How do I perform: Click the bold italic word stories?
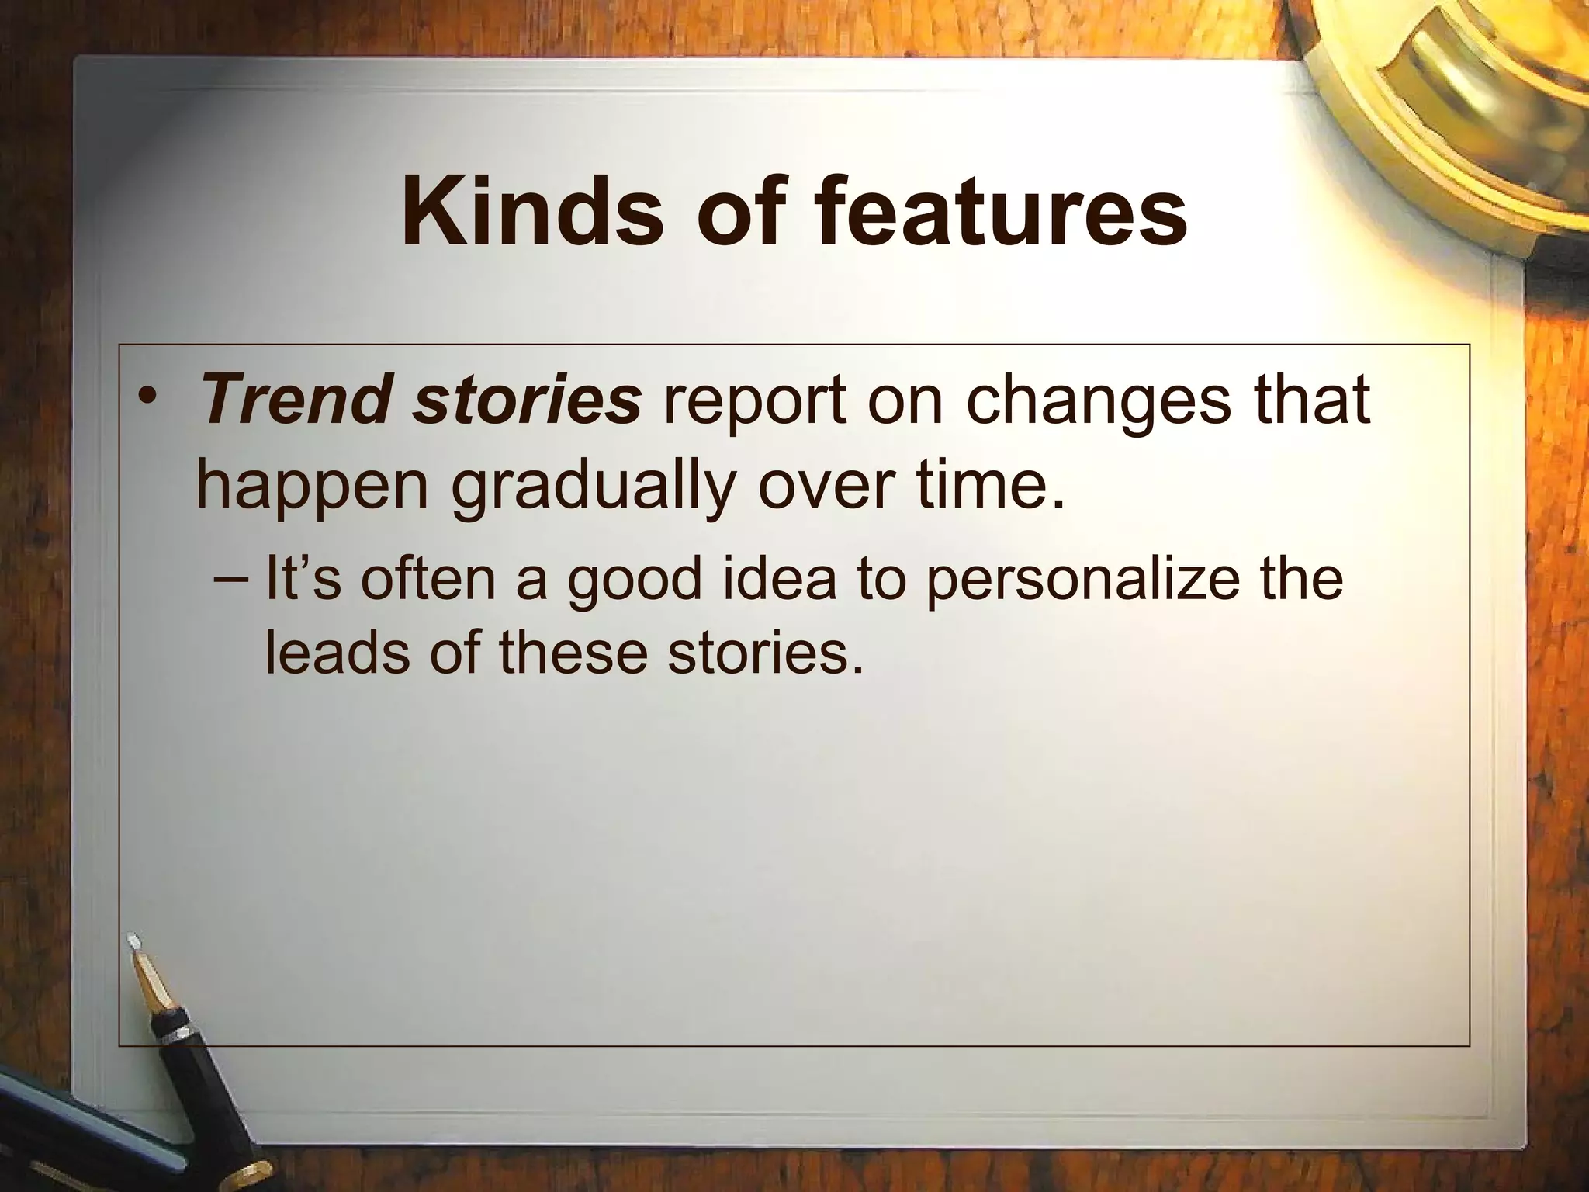(528, 401)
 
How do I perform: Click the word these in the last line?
(573, 651)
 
